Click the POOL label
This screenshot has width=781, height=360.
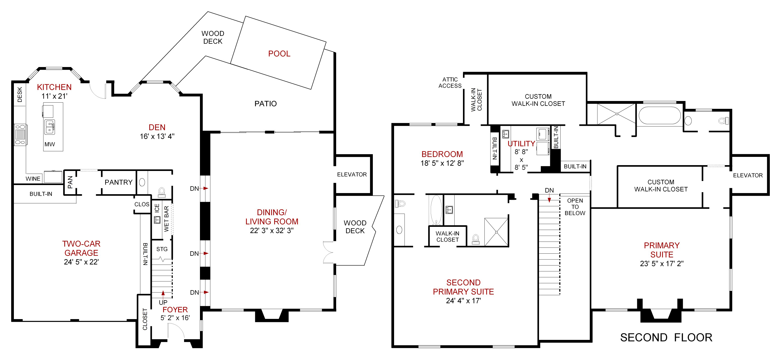(x=279, y=54)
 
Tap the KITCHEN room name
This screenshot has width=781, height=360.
(x=54, y=87)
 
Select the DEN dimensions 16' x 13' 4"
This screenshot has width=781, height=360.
(x=157, y=136)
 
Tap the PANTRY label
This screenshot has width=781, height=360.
(x=119, y=182)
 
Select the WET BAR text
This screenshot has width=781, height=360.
(x=166, y=219)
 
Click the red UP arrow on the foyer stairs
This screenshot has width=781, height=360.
(x=163, y=293)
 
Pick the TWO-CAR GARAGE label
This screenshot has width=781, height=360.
(x=81, y=248)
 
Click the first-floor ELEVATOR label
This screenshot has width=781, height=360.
(x=352, y=175)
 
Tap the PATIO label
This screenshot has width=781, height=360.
(x=265, y=104)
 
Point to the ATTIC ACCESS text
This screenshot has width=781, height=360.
(x=450, y=83)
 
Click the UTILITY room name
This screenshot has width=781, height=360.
(x=521, y=144)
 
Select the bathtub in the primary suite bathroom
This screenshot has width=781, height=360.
(x=659, y=116)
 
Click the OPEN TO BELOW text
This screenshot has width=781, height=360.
(x=575, y=207)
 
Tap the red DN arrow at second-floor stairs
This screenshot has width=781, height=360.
(x=549, y=199)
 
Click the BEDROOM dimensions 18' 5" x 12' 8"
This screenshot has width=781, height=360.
(x=442, y=163)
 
